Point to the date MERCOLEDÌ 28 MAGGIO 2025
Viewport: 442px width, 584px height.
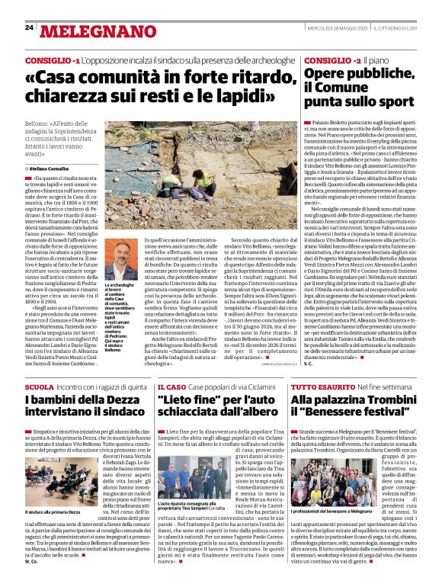pyautogui.click(x=333, y=28)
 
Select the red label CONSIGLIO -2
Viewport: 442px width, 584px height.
pyautogui.click(x=330, y=59)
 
